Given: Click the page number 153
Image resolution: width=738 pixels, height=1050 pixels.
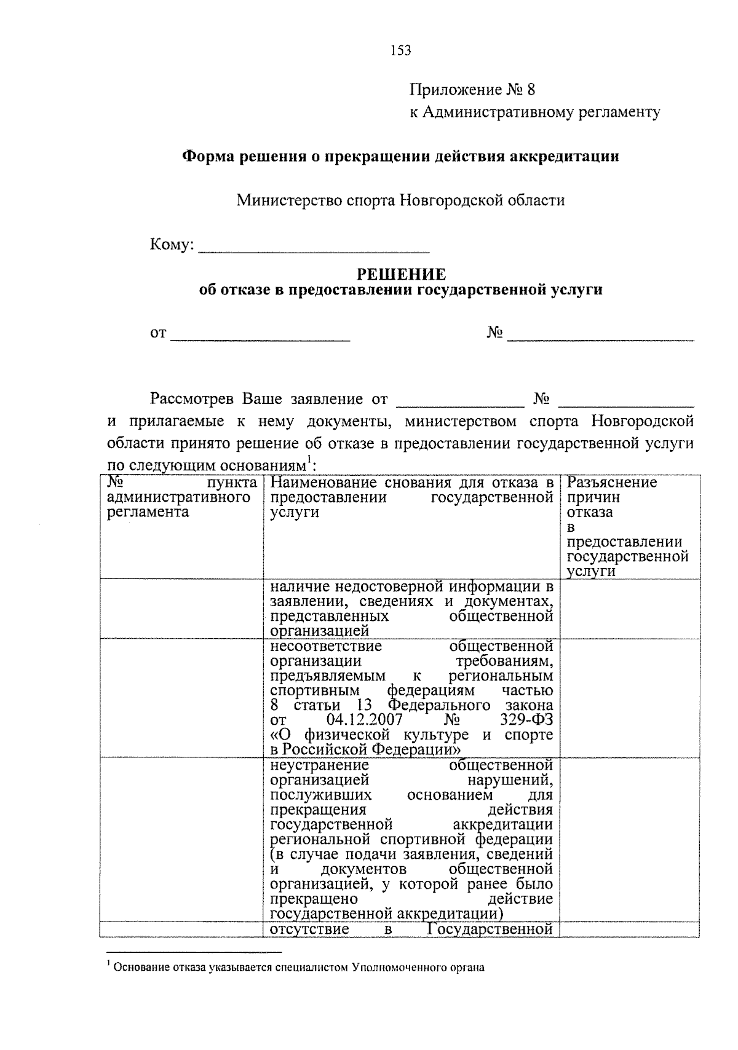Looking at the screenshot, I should pos(400,50).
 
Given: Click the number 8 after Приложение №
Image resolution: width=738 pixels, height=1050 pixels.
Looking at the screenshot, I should pos(531,90).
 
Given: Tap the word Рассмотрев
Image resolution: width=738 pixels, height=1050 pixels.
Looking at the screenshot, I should pos(192,399).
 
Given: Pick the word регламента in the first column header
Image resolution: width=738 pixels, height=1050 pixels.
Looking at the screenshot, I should pos(148,512).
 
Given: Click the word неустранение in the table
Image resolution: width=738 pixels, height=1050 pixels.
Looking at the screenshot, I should pos(319,765).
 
